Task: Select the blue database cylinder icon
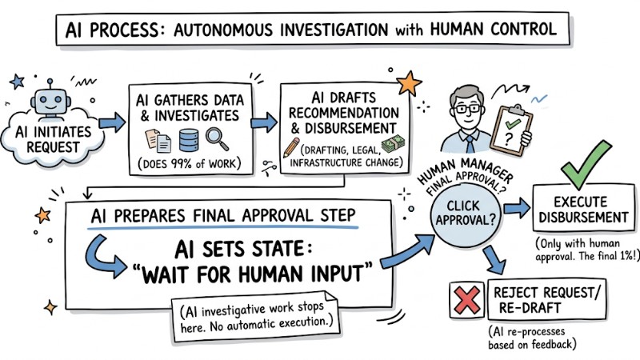pyautogui.click(x=186, y=142)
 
